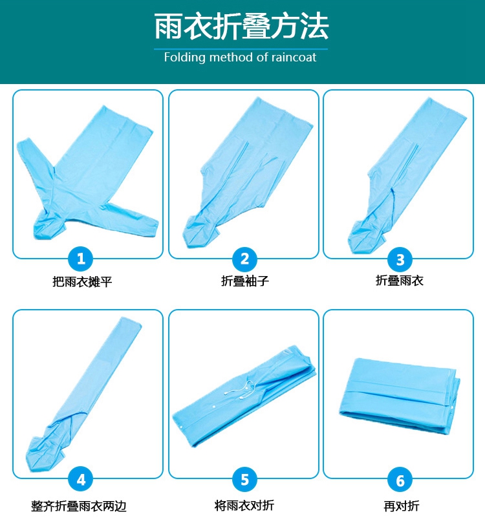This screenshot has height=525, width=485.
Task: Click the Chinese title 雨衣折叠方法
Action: coord(241,26)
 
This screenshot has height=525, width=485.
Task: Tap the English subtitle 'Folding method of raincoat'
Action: coord(240,58)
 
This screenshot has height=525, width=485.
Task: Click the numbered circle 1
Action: coord(81,259)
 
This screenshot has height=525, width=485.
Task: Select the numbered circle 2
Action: coord(245,259)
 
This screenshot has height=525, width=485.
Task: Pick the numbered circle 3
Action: coord(400,259)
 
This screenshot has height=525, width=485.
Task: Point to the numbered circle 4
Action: coord(81,480)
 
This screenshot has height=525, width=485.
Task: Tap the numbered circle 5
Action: coord(245,479)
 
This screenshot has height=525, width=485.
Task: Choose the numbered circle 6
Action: coord(400,480)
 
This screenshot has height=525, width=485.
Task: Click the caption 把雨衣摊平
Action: coord(82,282)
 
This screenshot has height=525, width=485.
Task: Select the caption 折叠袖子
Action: coord(245,281)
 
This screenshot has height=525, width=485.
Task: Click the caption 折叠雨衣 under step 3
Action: coord(400,280)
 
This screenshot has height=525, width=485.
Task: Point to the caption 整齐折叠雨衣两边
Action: coord(79,506)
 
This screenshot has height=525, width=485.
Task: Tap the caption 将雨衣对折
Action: coord(244,505)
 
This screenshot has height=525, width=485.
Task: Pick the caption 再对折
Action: coord(402,506)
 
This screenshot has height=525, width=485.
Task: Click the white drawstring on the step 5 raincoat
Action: coord(239,389)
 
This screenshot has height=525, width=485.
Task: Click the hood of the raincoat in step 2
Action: coord(200,231)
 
